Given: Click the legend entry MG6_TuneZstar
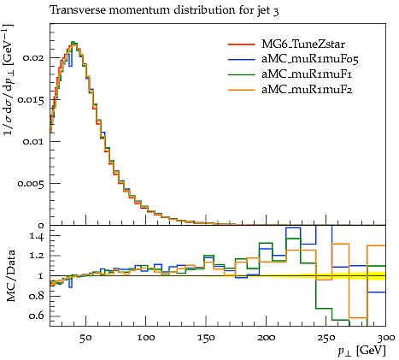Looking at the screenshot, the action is [x=303, y=44].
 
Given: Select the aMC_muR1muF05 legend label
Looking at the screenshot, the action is [x=309, y=59].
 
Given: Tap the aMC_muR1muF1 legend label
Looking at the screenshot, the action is [x=307, y=74].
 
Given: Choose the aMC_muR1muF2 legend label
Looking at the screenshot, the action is [x=307, y=90].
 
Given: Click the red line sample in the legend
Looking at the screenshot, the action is [x=241, y=44].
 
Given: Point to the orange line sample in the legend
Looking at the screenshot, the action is [x=241, y=90].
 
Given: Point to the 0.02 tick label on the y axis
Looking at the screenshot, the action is [x=33, y=58].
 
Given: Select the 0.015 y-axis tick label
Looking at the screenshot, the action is [x=31, y=100].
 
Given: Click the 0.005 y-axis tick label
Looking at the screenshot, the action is [x=31, y=184].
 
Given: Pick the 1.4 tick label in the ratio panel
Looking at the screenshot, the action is [x=37, y=236].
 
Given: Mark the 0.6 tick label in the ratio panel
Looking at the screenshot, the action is [x=37, y=316].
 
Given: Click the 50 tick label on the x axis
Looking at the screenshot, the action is [x=85, y=338].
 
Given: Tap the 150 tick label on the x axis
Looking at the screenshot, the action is [x=206, y=338].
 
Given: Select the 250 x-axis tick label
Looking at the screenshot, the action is [x=326, y=338].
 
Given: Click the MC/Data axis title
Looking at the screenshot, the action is [x=10, y=276].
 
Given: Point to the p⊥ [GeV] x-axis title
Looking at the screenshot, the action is [x=362, y=351].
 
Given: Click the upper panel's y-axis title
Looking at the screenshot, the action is [x=9, y=80].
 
